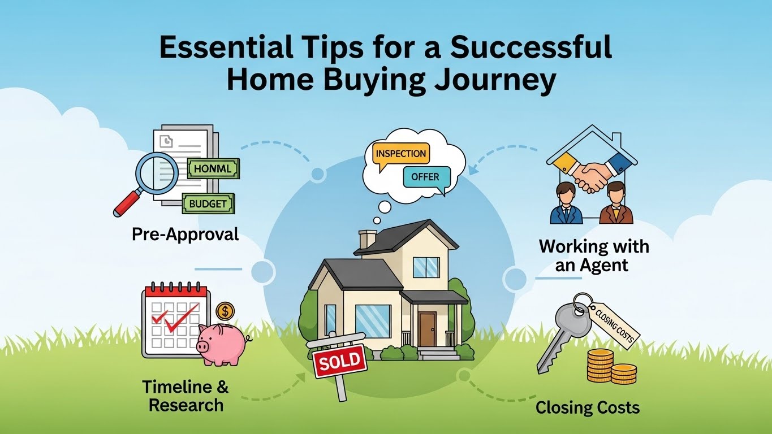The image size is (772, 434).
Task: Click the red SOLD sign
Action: point(339,361)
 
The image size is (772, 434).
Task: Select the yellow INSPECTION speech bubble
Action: point(400,154)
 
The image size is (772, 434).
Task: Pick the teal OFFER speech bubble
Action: point(425,177)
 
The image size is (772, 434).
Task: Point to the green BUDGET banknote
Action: point(208,203)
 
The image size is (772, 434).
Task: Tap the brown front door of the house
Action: point(427,329)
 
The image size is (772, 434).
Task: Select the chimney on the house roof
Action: point(368,238)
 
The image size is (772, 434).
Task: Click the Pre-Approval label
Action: point(186,234)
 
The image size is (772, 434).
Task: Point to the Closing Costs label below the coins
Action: point(588,407)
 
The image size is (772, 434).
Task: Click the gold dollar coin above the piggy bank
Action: point(225,310)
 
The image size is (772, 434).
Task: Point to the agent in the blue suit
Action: point(567,205)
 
